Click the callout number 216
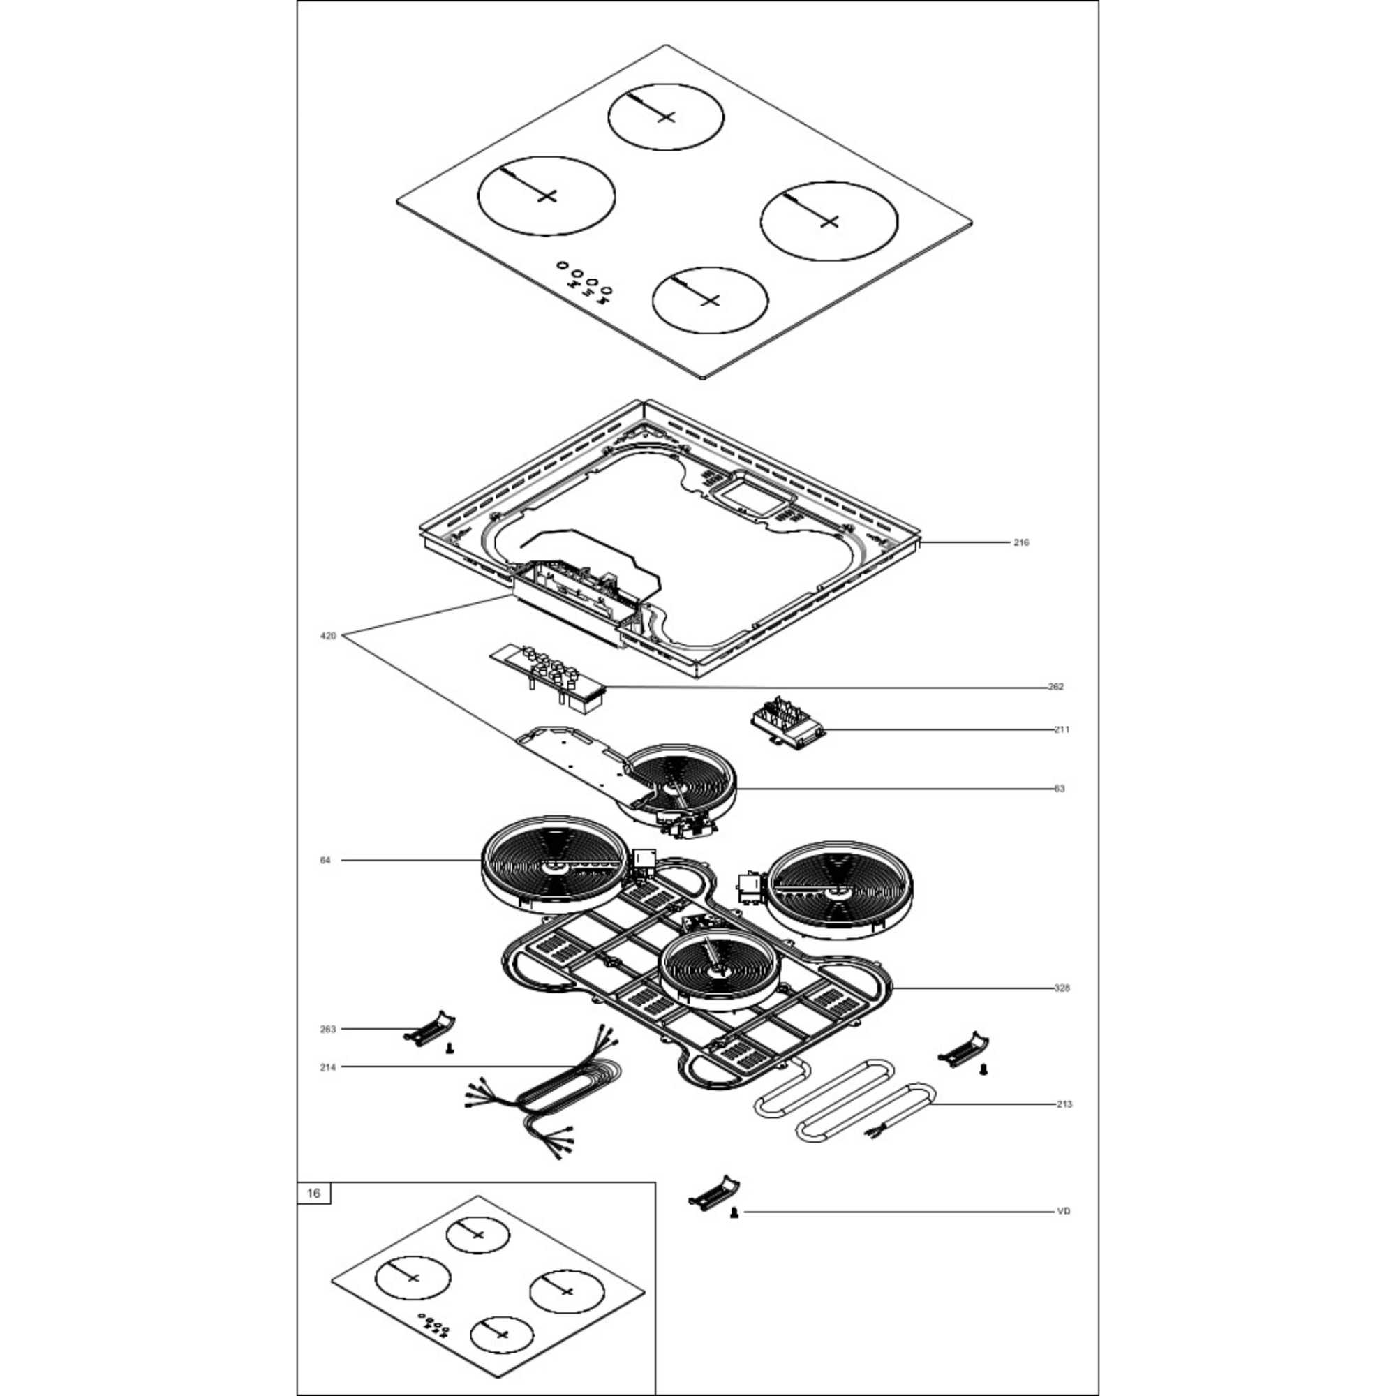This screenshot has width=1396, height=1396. point(1021,542)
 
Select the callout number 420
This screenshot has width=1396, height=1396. point(328,636)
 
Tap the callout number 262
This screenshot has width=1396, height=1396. point(1055,686)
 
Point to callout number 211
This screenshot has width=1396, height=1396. point(1062,730)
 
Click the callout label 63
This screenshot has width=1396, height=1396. point(1060,789)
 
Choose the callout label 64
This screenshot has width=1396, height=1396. point(325,861)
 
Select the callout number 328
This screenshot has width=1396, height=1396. point(1062,988)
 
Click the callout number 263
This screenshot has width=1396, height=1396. point(328,1029)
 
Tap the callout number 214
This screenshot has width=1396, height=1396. point(328,1067)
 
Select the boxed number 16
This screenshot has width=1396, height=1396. point(313,1193)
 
